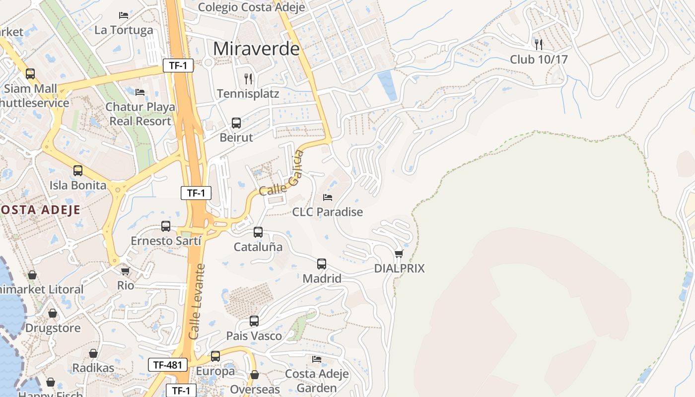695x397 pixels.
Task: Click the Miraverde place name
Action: [256, 49]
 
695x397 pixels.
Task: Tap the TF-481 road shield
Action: [168, 365]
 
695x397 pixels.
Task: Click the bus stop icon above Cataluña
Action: [258, 232]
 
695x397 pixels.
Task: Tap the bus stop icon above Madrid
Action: [322, 264]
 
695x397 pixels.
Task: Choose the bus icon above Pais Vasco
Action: [254, 321]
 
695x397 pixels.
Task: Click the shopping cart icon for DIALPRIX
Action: [399, 254]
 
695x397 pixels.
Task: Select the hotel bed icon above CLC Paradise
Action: [328, 198]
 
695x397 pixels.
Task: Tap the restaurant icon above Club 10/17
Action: [539, 44]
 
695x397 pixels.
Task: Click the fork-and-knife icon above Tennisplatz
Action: [248, 78]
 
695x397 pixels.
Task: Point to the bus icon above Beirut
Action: [236, 123]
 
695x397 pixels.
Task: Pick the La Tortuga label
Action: [124, 30]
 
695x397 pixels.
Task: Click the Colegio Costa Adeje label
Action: [244, 7]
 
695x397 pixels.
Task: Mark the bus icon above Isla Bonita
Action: [78, 171]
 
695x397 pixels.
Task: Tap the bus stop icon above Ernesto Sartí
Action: [166, 226]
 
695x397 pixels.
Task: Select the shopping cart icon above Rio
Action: [125, 271]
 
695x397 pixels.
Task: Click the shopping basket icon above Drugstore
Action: [53, 314]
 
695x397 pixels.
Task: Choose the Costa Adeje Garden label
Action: [317, 381]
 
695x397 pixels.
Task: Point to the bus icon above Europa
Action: [215, 356]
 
